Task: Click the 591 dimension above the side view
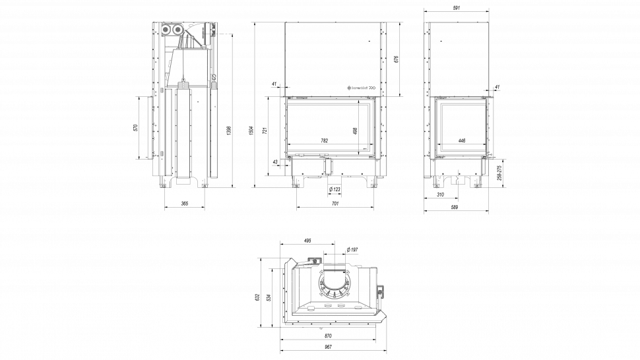click(456, 7)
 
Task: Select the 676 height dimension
click(396, 59)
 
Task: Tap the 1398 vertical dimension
click(228, 131)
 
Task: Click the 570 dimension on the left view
click(136, 127)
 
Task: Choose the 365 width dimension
click(185, 204)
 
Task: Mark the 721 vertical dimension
click(265, 131)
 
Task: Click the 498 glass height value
click(355, 131)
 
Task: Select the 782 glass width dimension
click(324, 140)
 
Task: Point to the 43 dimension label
click(274, 162)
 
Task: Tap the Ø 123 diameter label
click(335, 190)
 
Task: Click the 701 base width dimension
click(335, 204)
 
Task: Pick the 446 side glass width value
click(462, 140)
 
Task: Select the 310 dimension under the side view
click(440, 195)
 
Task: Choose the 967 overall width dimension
click(329, 347)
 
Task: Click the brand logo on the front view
click(361, 87)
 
